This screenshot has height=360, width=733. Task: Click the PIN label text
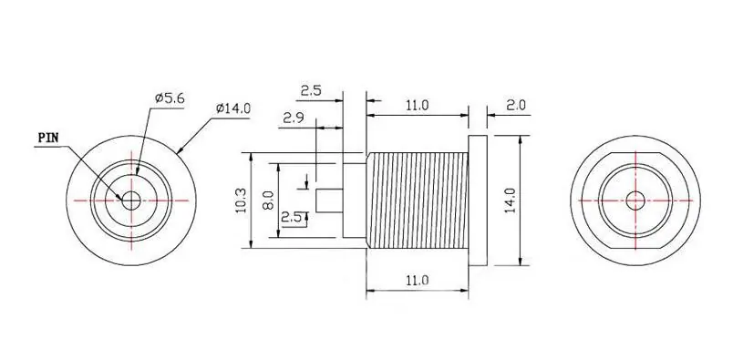point(47,138)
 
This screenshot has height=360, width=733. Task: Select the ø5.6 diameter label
point(170,98)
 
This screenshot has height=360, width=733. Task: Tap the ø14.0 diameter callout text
point(233,108)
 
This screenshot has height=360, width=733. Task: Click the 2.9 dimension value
point(294,118)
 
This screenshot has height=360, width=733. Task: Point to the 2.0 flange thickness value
point(516,105)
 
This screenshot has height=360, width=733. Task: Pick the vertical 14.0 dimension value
point(511,201)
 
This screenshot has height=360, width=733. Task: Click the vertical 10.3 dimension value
point(242,201)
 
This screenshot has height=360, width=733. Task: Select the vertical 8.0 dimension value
point(268,201)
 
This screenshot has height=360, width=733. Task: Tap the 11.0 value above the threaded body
point(417,105)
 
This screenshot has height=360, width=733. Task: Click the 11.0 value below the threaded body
point(417,281)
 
